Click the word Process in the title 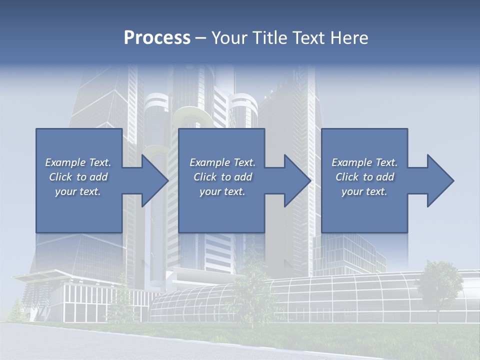point(157,38)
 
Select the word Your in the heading point(228,38)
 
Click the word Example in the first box point(64,162)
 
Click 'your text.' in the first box point(78,191)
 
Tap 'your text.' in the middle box point(222,191)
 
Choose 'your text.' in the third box point(364,191)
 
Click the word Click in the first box point(60,177)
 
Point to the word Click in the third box point(347,177)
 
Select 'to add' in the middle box point(236,177)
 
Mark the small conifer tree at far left point(16,310)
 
